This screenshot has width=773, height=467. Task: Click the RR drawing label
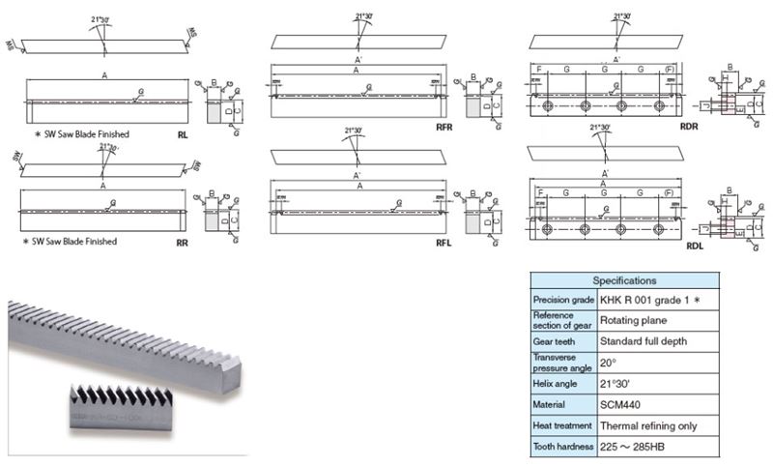(182, 245)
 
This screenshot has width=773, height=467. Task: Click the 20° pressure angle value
(607, 363)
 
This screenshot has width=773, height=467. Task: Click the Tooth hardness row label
(561, 447)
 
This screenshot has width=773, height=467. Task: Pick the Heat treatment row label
(560, 425)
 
